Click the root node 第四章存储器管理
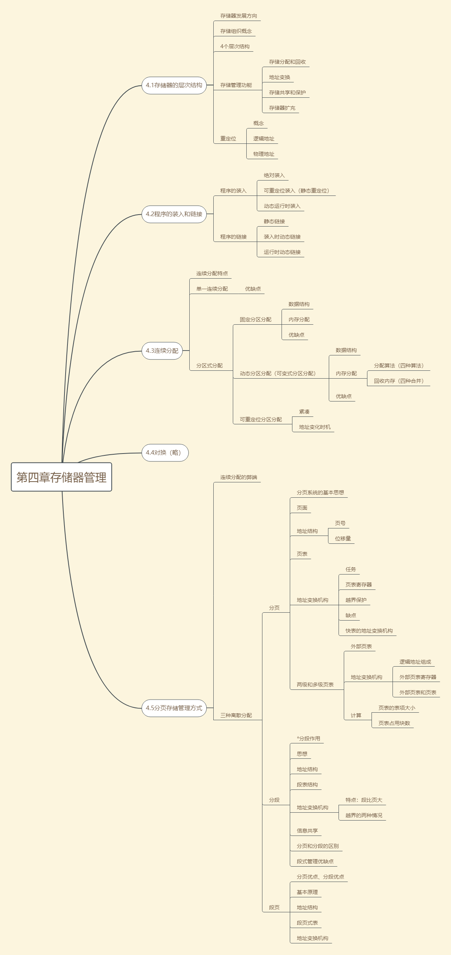(x=61, y=477)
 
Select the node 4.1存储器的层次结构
(x=174, y=85)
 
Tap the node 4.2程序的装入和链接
(x=174, y=214)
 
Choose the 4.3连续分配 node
(x=162, y=351)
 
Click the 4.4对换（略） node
(x=165, y=453)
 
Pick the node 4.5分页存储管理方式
(x=174, y=708)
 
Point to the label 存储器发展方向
(x=238, y=16)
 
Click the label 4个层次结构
(x=235, y=46)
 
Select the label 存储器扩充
(x=282, y=108)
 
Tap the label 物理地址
(x=264, y=154)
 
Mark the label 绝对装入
(x=274, y=175)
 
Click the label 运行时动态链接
(x=282, y=252)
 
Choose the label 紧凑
(x=304, y=412)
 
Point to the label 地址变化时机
(x=315, y=427)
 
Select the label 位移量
(x=343, y=539)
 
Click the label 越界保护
(x=356, y=600)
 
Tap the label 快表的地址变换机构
(x=369, y=631)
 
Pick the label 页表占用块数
(x=394, y=723)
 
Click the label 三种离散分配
(x=236, y=715)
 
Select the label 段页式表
(x=307, y=923)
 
